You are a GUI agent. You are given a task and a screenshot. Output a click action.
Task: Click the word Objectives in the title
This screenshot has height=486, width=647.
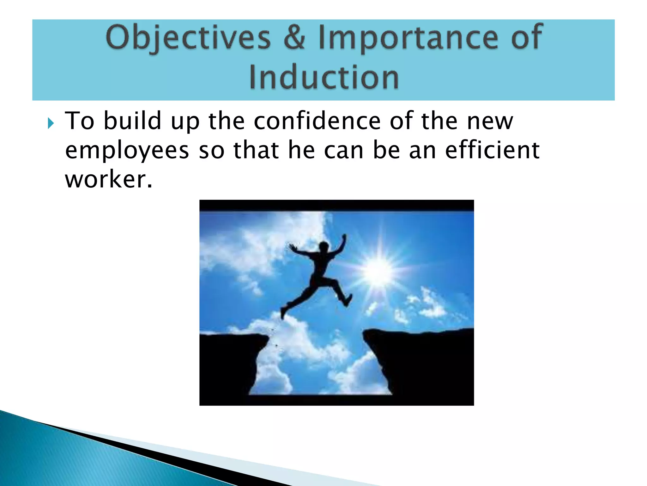coord(189,38)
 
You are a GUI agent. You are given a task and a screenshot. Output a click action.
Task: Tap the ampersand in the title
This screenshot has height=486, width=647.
coord(294,38)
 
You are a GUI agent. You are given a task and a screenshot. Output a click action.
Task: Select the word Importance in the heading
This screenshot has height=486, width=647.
coord(408,38)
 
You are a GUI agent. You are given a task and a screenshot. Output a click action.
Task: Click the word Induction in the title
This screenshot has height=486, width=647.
coord(323,78)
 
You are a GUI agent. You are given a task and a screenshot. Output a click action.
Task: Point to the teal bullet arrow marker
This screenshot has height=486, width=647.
coord(51,123)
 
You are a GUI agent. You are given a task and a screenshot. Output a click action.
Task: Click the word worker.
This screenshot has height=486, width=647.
coord(108,179)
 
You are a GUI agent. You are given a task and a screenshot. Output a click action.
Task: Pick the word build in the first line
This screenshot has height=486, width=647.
coord(133,121)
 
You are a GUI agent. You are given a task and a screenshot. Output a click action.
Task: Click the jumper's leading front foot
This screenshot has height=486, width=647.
coord(348,299)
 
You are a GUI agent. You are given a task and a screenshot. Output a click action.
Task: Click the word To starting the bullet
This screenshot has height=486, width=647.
coord(79,121)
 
